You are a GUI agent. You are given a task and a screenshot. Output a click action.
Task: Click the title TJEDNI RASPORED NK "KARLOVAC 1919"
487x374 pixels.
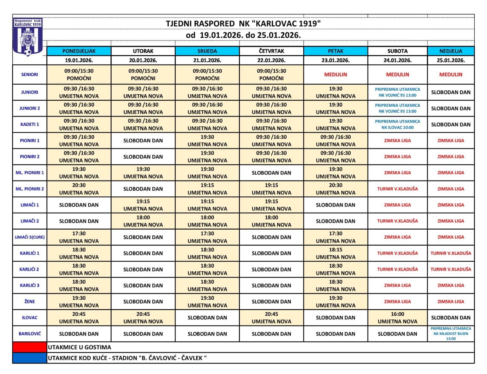tap(243, 24)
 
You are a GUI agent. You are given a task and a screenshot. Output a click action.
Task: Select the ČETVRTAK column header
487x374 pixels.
tap(271, 51)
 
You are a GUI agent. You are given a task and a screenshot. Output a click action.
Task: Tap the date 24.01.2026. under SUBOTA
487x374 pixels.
tap(397, 60)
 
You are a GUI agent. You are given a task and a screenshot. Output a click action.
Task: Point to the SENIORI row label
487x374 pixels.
tap(29, 75)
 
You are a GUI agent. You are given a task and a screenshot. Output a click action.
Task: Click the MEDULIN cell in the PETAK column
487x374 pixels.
tap(335, 75)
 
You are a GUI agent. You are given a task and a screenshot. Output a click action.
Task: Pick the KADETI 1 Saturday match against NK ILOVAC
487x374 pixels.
tap(397, 124)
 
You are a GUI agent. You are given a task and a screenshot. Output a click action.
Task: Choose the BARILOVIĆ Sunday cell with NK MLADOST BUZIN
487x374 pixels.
tap(451, 334)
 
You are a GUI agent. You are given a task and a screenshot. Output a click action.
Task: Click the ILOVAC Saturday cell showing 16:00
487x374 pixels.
tap(397, 318)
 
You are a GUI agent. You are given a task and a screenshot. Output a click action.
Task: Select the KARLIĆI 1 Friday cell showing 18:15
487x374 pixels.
tap(335, 253)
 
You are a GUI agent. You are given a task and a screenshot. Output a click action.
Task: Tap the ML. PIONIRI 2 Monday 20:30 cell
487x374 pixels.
tap(79, 189)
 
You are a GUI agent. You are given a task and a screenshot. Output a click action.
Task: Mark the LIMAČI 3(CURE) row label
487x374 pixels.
tap(29, 237)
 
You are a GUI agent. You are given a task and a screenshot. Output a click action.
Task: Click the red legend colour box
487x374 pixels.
tap(29, 347)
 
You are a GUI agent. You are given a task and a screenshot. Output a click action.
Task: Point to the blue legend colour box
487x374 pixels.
tap(29, 358)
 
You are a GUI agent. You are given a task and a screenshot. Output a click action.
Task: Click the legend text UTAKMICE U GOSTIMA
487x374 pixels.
tap(80, 347)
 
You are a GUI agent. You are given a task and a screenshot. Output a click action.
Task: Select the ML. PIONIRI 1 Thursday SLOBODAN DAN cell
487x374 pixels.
tap(271, 173)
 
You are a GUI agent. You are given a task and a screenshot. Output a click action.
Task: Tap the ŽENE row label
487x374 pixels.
tap(29, 301)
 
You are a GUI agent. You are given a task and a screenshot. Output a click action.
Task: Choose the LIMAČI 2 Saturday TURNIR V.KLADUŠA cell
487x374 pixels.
tap(397, 221)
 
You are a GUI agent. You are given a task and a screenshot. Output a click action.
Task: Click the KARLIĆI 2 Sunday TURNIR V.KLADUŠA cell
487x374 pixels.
tap(451, 269)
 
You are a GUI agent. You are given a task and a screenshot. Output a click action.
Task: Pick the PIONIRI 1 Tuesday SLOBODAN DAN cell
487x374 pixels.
tap(143, 141)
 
